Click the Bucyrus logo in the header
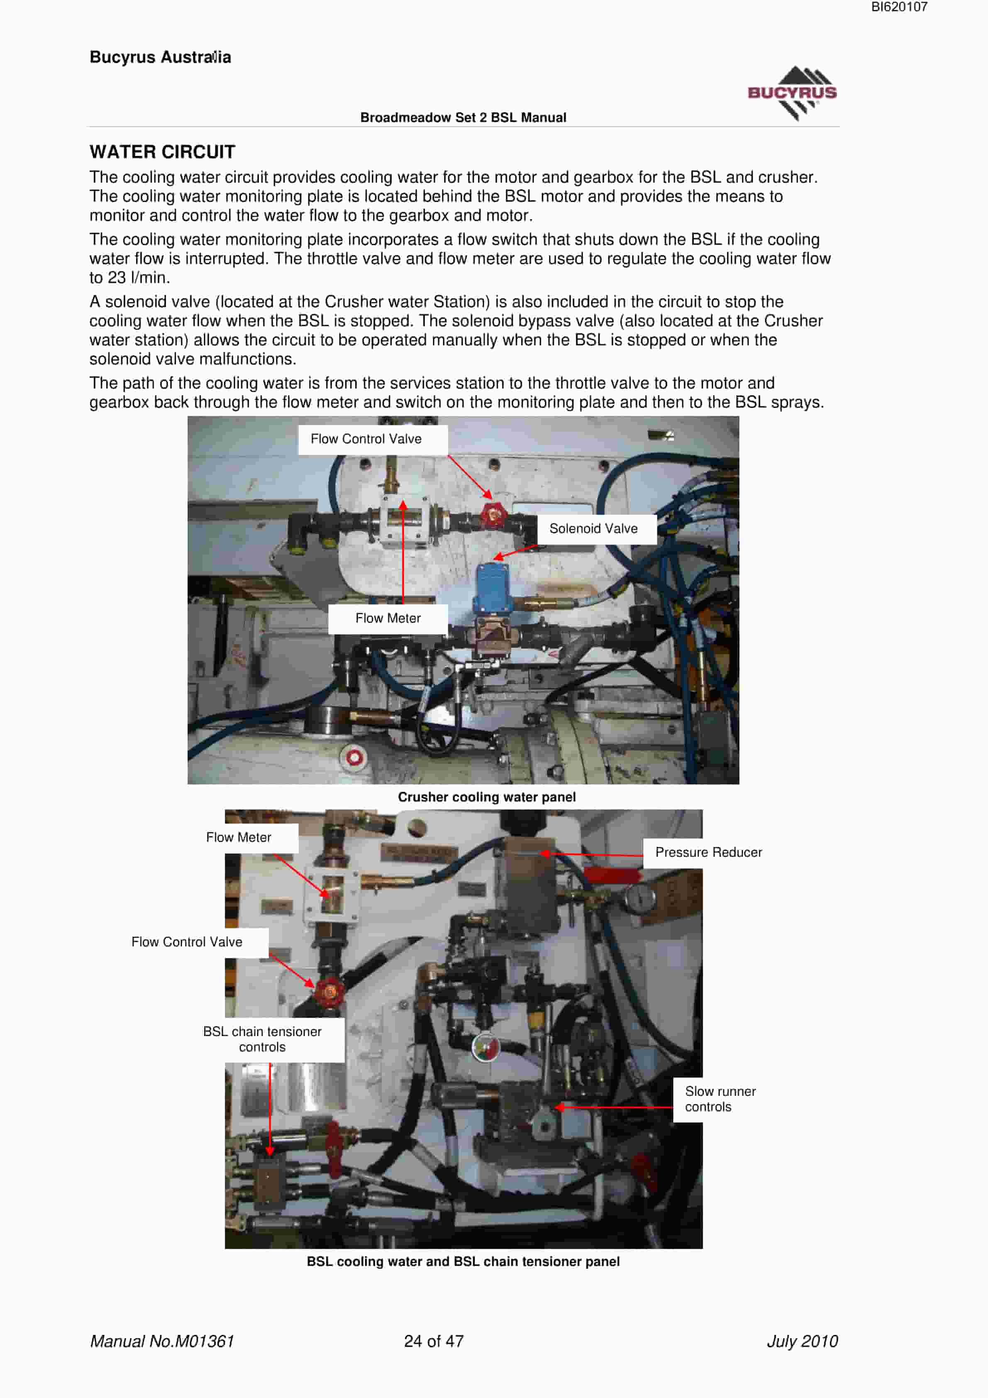pyautogui.click(x=792, y=93)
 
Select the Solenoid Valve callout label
pyautogui.click(x=593, y=528)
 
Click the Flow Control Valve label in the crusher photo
pyautogui.click(x=366, y=439)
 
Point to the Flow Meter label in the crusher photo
pyautogui.click(x=388, y=618)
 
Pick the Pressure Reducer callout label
pyautogui.click(x=709, y=853)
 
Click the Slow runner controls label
pyautogui.click(x=720, y=1099)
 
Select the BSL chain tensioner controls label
pyautogui.click(x=262, y=1039)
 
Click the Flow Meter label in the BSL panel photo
pyautogui.click(x=239, y=837)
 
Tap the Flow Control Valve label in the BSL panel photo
pyautogui.click(x=187, y=942)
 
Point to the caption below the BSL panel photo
pyautogui.click(x=463, y=1261)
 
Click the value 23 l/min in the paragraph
pyautogui.click(x=138, y=278)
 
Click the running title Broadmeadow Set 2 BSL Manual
pyautogui.click(x=463, y=117)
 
